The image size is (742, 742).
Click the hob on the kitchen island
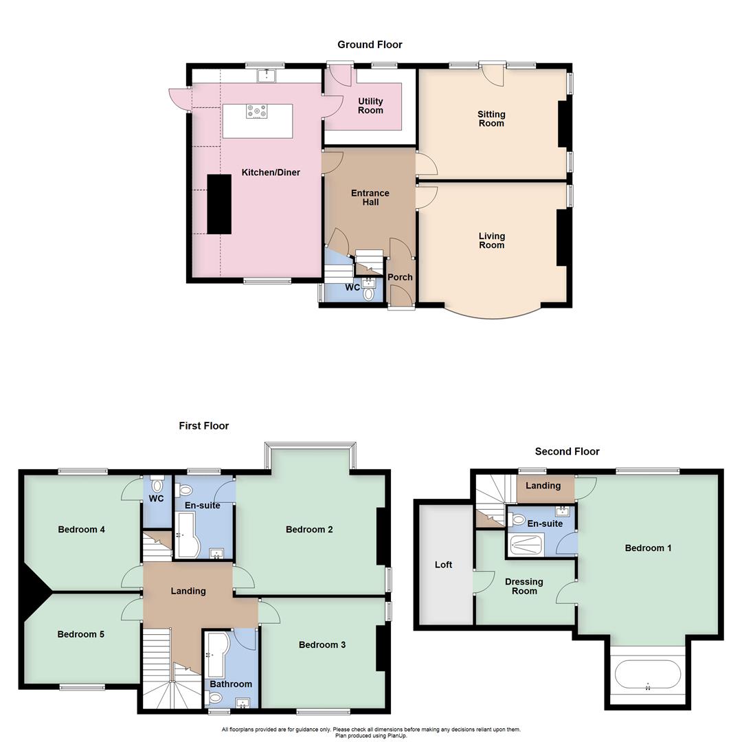(258, 111)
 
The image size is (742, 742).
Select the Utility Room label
(370, 106)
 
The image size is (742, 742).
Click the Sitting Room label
(491, 119)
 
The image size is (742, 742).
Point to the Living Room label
(491, 240)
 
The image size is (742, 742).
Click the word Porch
(400, 277)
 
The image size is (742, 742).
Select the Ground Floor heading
(370, 45)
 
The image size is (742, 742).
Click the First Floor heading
(204, 426)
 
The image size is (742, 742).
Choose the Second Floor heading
(567, 451)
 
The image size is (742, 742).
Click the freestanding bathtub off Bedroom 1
(647, 675)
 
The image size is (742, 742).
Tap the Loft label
(443, 565)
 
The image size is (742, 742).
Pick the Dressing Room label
(524, 586)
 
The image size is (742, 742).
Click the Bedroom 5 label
(81, 634)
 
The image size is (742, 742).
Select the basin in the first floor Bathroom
(243, 702)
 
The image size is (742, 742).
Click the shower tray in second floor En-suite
(527, 544)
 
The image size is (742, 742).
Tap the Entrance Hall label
(370, 198)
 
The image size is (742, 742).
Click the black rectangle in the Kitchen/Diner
(219, 204)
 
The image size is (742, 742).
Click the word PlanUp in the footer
(396, 736)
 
